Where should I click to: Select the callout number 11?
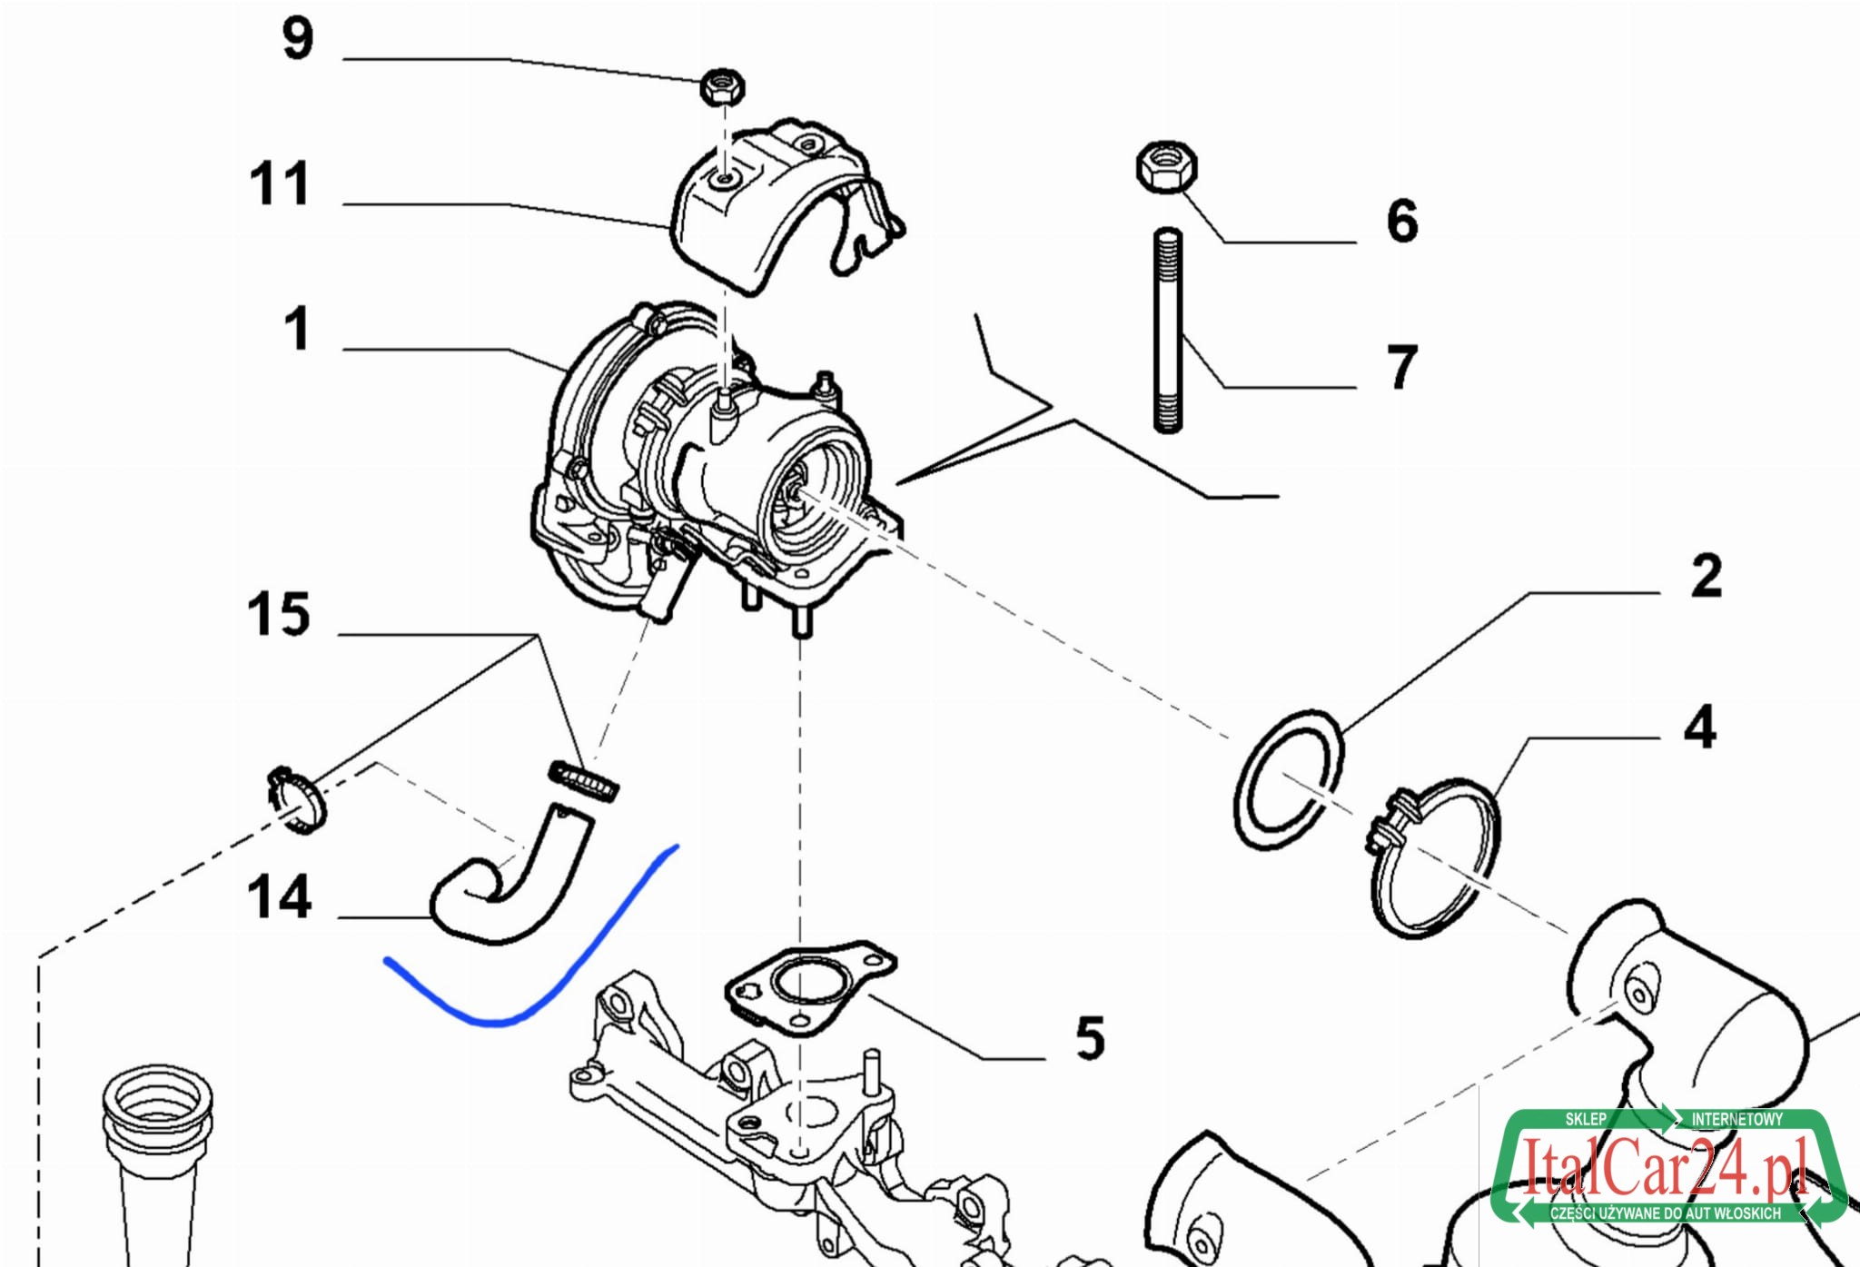[280, 184]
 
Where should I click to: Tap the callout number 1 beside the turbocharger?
[297, 329]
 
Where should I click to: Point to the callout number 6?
[1401, 221]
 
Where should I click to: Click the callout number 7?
[1401, 367]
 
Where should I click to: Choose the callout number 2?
[1706, 576]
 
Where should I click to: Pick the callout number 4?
[1699, 728]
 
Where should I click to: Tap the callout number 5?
[1090, 1038]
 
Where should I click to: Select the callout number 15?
[279, 615]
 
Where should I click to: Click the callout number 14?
[279, 897]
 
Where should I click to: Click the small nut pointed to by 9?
[723, 87]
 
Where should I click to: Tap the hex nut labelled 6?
[1167, 166]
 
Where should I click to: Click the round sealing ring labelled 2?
[1289, 779]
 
